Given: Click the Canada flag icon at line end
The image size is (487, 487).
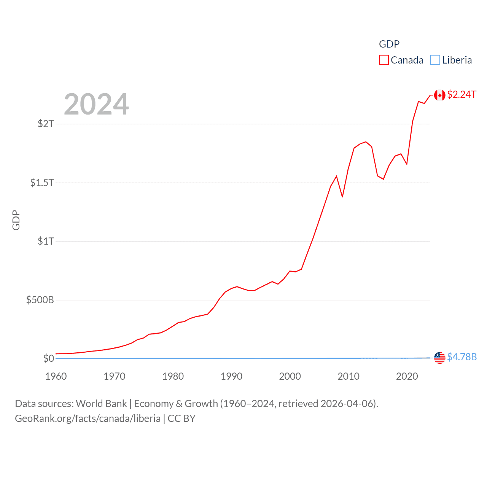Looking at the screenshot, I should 440,95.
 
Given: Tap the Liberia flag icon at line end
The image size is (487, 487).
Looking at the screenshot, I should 440,358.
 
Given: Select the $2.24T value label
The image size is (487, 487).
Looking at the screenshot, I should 462,94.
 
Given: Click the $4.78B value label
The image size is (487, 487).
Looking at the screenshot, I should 462,357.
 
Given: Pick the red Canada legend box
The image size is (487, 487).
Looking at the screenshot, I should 384,60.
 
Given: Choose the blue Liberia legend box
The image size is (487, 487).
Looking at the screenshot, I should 435,60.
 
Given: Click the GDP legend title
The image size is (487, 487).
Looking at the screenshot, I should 389,44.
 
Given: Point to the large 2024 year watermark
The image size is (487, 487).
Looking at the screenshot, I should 96,104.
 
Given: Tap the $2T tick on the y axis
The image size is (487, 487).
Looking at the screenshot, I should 46,124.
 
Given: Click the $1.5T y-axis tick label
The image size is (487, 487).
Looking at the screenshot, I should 42,183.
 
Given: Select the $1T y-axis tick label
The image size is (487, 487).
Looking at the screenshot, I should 46,241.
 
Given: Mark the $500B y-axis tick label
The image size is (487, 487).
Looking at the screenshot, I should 40,300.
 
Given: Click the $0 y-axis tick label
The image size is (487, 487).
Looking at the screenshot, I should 48,358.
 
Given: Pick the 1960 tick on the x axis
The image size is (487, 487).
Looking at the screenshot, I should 56,376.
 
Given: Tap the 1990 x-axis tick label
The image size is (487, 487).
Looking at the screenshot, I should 231,376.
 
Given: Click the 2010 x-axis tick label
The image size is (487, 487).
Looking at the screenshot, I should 349,376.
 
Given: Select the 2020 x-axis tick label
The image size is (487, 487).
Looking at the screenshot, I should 407,376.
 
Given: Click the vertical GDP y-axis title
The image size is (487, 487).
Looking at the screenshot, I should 16,220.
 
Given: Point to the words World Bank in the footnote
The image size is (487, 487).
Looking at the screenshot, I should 101,403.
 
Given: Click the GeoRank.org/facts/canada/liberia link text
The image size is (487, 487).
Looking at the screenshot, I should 88,419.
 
